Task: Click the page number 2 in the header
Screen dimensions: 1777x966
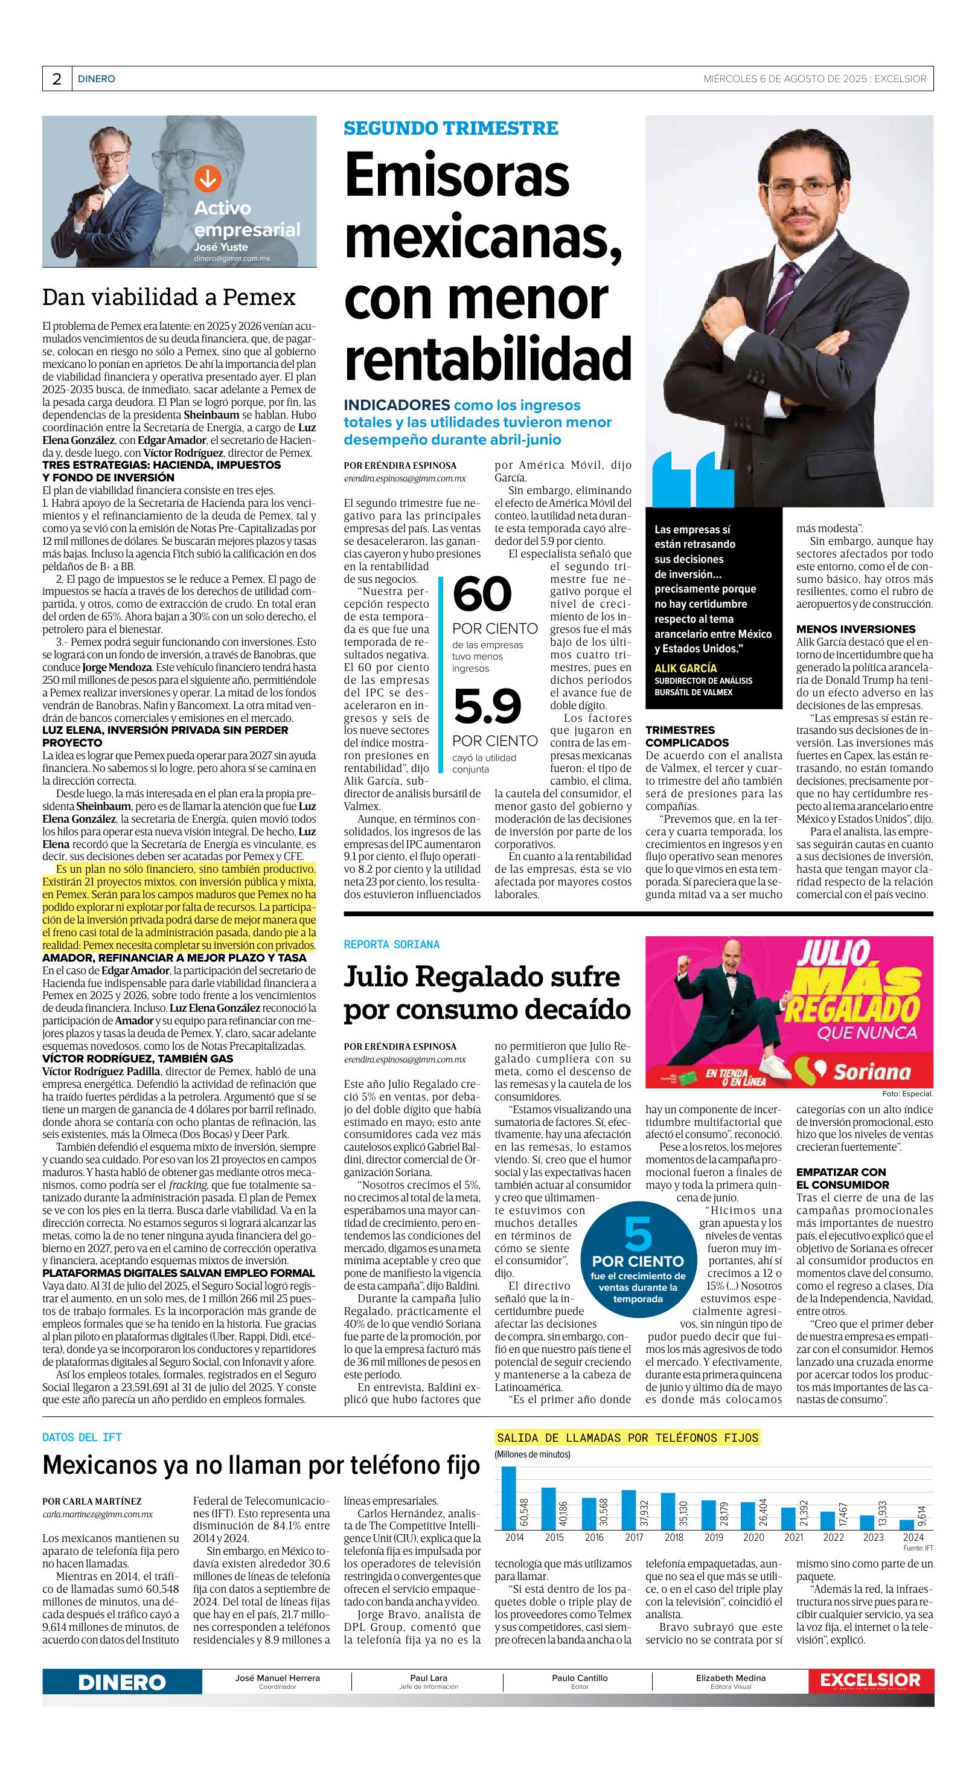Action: click(57, 79)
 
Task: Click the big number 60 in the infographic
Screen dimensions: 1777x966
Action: click(482, 594)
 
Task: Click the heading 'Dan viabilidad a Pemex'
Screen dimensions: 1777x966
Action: click(169, 297)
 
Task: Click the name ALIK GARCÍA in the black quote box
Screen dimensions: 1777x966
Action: click(685, 668)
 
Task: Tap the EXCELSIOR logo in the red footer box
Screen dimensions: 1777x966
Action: click(870, 1680)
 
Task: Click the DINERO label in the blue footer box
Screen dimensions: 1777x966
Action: click(122, 1683)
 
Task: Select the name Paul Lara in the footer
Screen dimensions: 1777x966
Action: click(428, 1678)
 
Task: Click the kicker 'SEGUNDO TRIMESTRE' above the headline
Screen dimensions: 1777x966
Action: click(451, 128)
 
